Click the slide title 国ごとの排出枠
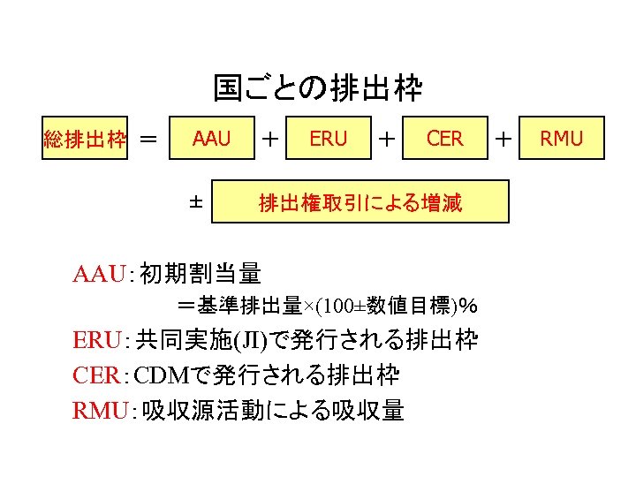(318, 88)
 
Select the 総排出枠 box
(85, 139)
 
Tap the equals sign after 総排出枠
(150, 139)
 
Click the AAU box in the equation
(212, 138)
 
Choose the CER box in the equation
(444, 138)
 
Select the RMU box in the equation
(561, 138)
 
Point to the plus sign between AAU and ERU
(272, 139)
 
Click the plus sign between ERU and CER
(386, 139)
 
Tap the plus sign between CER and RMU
(503, 139)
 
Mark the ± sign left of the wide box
(196, 202)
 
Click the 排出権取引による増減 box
(360, 203)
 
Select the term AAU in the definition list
(99, 274)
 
